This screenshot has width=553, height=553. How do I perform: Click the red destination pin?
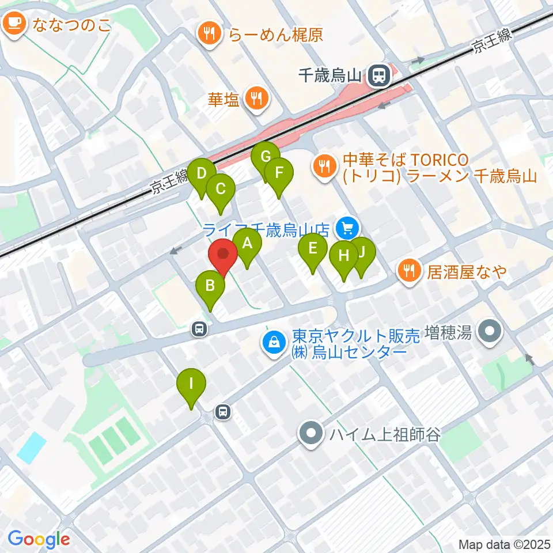[x=222, y=254]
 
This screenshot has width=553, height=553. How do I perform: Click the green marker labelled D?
[x=202, y=174]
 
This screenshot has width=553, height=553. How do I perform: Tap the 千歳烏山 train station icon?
[x=379, y=74]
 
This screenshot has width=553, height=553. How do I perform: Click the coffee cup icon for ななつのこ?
[x=13, y=24]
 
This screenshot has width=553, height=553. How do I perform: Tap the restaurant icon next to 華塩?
[x=255, y=98]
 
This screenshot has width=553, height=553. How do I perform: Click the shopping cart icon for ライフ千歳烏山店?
[x=347, y=229]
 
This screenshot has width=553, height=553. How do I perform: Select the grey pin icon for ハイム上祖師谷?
[x=311, y=434]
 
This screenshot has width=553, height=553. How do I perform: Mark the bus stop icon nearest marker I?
[x=222, y=411]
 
